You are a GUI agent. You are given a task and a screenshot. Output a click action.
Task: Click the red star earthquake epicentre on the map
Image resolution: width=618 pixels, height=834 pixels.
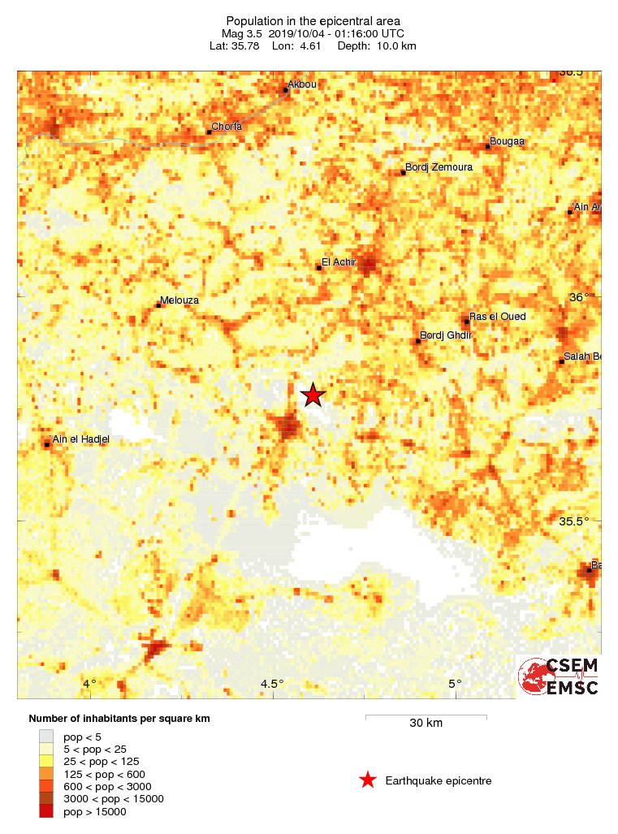pos(313,395)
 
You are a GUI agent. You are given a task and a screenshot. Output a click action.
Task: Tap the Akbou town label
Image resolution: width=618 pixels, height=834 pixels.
pos(301,84)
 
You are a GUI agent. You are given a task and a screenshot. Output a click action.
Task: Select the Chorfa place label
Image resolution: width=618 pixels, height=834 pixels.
pos(227,127)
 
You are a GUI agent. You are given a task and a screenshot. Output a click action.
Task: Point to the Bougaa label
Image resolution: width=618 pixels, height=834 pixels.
pos(508,141)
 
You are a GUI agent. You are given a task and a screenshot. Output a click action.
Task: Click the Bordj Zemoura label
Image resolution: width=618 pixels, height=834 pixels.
pos(439,167)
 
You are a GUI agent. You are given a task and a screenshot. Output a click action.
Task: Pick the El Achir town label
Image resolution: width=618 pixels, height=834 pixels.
pos(339,262)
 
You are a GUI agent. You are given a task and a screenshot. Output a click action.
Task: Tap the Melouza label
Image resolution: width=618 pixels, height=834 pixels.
pos(179,300)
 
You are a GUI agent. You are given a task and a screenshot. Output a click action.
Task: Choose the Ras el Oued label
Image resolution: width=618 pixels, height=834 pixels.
pos(498,317)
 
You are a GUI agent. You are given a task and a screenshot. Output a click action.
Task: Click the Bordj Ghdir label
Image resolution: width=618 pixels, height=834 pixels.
pos(446,335)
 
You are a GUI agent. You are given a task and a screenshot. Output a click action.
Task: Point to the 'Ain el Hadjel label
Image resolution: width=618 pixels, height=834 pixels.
pos(80,439)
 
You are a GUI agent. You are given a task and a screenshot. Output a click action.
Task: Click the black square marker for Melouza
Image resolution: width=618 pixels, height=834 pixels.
pos(158,305)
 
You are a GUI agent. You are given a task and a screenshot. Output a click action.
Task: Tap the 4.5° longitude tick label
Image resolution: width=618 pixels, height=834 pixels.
pos(272,683)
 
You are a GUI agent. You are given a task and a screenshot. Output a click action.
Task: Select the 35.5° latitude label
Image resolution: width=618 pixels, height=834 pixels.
pos(578,521)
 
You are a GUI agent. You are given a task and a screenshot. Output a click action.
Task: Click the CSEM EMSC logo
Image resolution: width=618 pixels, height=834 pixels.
pos(559,676)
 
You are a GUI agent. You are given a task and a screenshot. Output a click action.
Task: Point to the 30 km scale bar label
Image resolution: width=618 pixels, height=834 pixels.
pos(426,724)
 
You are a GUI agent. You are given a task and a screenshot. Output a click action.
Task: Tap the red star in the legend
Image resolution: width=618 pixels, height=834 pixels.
pos(368,780)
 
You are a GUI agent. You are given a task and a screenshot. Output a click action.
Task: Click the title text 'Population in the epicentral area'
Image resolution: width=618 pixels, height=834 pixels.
pos(313,20)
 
